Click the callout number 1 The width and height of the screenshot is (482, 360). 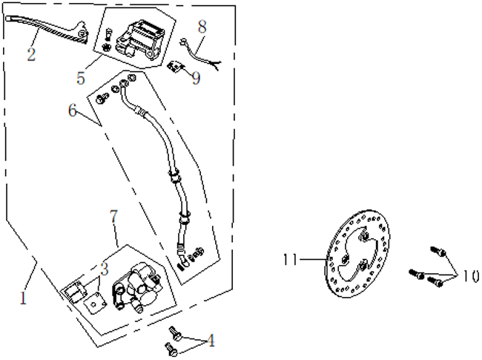click(x=24, y=299)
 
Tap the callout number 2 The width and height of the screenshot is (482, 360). click(x=31, y=53)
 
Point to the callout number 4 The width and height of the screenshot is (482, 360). click(x=211, y=341)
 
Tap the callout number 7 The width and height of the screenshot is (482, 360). click(x=113, y=217)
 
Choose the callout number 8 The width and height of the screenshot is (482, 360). click(x=202, y=27)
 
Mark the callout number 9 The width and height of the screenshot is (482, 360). click(x=196, y=77)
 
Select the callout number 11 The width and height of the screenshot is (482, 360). click(x=291, y=259)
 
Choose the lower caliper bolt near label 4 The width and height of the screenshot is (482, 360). click(x=170, y=345)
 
